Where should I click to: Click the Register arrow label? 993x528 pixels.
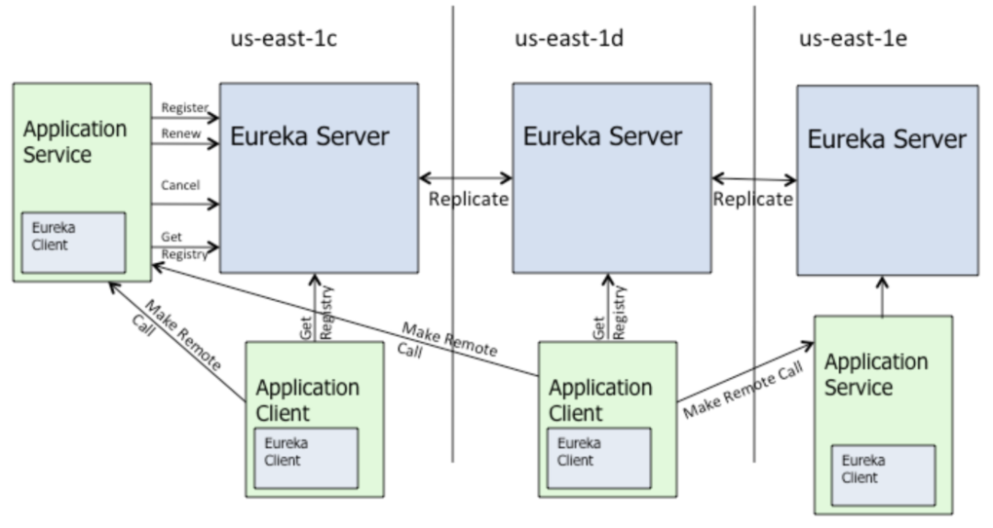[185, 108]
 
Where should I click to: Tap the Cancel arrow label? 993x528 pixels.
[180, 185]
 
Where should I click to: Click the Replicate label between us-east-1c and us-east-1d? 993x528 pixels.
[468, 200]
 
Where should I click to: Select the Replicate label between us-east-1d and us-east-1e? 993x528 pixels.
[753, 200]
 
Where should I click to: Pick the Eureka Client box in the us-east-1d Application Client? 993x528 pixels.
[599, 455]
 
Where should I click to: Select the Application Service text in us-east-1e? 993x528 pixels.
[874, 374]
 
